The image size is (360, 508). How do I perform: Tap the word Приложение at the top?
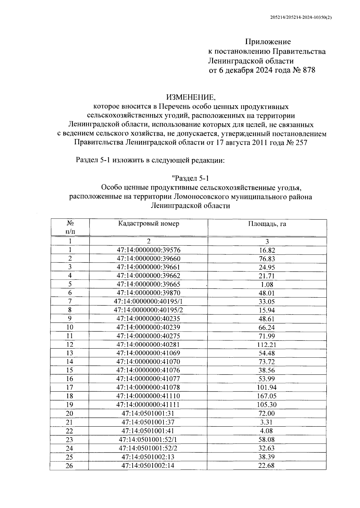(x=268, y=41)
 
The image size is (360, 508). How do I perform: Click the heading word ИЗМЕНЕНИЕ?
(x=191, y=97)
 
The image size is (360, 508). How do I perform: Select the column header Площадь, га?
(x=267, y=224)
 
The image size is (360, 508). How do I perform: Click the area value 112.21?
(x=267, y=344)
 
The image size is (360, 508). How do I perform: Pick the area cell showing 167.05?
(x=267, y=396)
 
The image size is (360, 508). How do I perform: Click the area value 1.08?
(x=267, y=284)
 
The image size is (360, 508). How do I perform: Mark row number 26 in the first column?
(x=69, y=466)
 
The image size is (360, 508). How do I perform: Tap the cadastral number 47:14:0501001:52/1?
(x=148, y=440)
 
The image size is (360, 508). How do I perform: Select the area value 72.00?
(x=267, y=413)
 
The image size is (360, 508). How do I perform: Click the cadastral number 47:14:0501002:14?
(x=148, y=466)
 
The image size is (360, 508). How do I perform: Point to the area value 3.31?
(x=267, y=422)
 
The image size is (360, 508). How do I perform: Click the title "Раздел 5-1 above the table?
(x=190, y=178)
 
